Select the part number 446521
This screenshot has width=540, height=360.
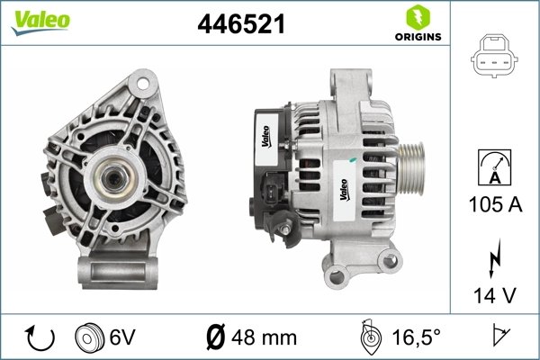tap(240, 26)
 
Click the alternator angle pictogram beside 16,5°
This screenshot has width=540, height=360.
tap(370, 337)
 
